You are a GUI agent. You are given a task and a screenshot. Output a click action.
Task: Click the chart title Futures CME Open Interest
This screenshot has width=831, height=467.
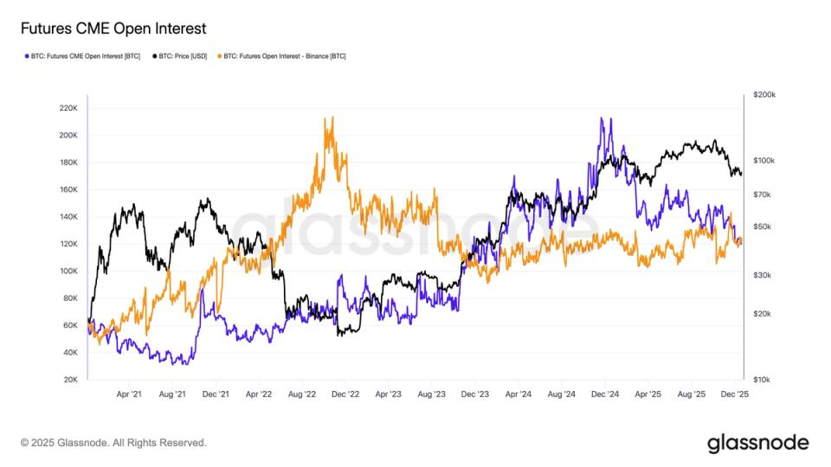[x=113, y=29]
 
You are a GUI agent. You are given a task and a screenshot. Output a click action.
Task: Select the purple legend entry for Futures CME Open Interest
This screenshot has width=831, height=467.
[x=85, y=56]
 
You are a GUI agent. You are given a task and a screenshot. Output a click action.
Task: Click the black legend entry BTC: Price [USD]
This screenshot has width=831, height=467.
[x=181, y=56]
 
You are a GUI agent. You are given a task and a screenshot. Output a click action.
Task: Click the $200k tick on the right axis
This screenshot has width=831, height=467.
[x=764, y=94]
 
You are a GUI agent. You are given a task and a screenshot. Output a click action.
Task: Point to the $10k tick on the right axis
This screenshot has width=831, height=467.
[x=763, y=380]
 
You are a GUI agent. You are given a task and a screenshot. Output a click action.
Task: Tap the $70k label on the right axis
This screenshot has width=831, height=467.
[x=763, y=195]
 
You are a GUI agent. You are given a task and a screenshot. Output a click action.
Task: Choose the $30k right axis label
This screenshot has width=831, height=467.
[x=763, y=275]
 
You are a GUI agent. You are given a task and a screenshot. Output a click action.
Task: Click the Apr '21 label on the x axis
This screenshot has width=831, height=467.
[x=129, y=393]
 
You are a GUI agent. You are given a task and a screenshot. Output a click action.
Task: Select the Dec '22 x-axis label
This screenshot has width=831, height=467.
[x=345, y=393]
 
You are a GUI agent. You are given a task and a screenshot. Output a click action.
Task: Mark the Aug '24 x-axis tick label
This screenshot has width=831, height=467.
[x=561, y=393]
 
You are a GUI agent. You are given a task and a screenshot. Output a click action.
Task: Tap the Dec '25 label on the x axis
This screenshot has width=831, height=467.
[x=734, y=393]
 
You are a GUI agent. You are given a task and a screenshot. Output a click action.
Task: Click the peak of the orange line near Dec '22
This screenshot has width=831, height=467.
[x=330, y=118]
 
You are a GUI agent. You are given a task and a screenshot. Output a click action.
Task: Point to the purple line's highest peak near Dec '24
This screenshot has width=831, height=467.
[x=602, y=118]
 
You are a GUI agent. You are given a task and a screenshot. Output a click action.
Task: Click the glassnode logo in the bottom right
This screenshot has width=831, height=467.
[x=757, y=443]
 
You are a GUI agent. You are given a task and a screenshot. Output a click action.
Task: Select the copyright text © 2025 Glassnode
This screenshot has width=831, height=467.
[x=113, y=443]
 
